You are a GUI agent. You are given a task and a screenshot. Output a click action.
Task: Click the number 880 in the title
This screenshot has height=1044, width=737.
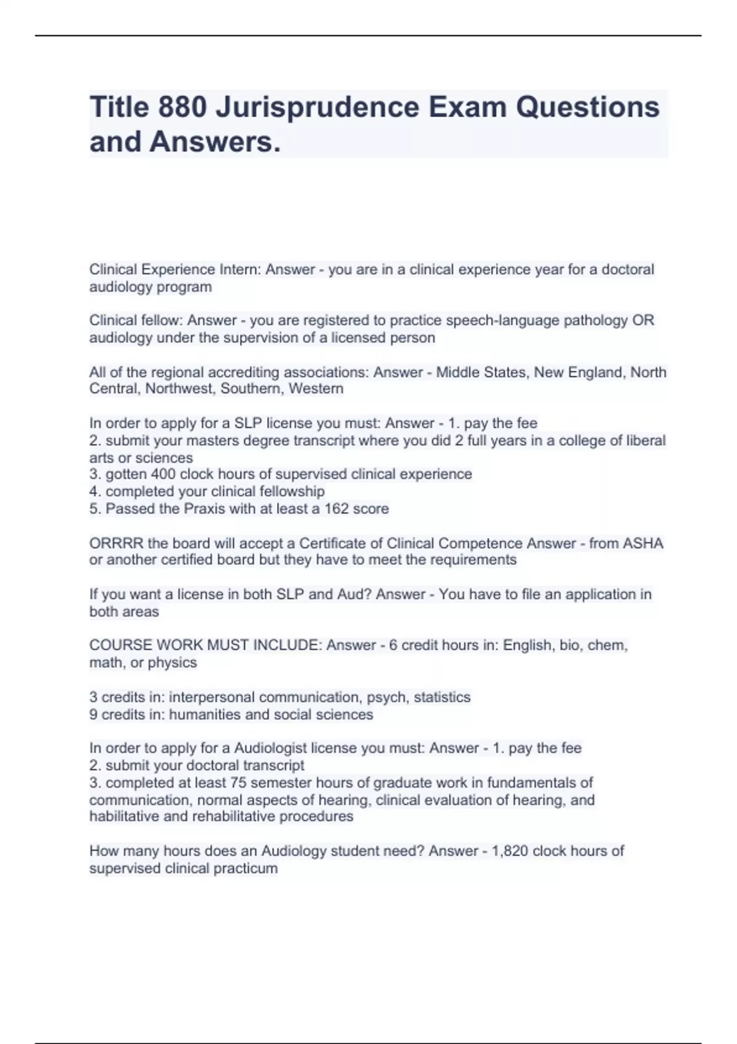click(182, 107)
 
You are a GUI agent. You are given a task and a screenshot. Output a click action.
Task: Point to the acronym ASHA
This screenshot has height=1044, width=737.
click(642, 543)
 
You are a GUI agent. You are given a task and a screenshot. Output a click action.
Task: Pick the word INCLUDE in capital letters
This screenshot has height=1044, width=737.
click(286, 645)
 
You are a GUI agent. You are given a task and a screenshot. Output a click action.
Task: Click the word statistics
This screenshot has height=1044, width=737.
click(442, 697)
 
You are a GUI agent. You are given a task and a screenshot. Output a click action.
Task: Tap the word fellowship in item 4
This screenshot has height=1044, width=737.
click(292, 491)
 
